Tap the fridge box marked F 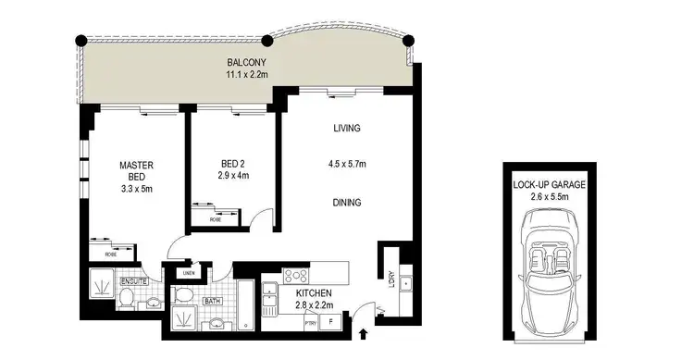tap(331, 321)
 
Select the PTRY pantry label tap(311, 321)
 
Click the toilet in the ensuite tap(127, 296)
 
